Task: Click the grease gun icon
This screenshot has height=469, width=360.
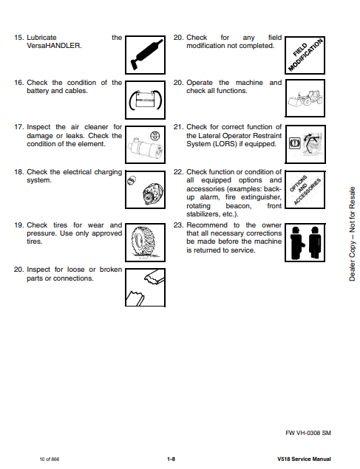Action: pyautogui.click(x=145, y=55)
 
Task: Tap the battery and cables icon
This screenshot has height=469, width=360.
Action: pyautogui.click(x=145, y=100)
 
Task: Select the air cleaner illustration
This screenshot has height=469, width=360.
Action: pyautogui.click(x=145, y=145)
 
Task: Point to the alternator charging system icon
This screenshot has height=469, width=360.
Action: pyautogui.click(x=145, y=189)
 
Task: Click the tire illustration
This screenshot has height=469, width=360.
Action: pyautogui.click(x=145, y=242)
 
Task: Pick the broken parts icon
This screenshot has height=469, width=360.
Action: pyautogui.click(x=145, y=287)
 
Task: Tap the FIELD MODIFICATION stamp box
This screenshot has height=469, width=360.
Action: pyautogui.click(x=305, y=55)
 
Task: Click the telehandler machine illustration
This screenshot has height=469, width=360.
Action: pyautogui.click(x=305, y=98)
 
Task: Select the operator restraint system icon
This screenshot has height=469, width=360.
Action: pyautogui.click(x=305, y=144)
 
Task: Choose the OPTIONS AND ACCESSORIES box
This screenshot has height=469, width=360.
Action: pyautogui.click(x=305, y=189)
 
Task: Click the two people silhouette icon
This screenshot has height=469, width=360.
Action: pyautogui.click(x=305, y=242)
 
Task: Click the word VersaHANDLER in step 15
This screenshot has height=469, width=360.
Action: pyautogui.click(x=54, y=46)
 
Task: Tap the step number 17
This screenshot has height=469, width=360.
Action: pyautogui.click(x=19, y=127)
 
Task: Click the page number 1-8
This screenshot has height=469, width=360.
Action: pyautogui.click(x=171, y=459)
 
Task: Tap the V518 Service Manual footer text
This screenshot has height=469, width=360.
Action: pyautogui.click(x=304, y=459)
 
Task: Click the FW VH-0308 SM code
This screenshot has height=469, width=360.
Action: pyautogui.click(x=308, y=433)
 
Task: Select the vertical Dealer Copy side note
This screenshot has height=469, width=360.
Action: pyautogui.click(x=352, y=234)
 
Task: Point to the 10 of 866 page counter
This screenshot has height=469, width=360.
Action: pyautogui.click(x=50, y=459)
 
